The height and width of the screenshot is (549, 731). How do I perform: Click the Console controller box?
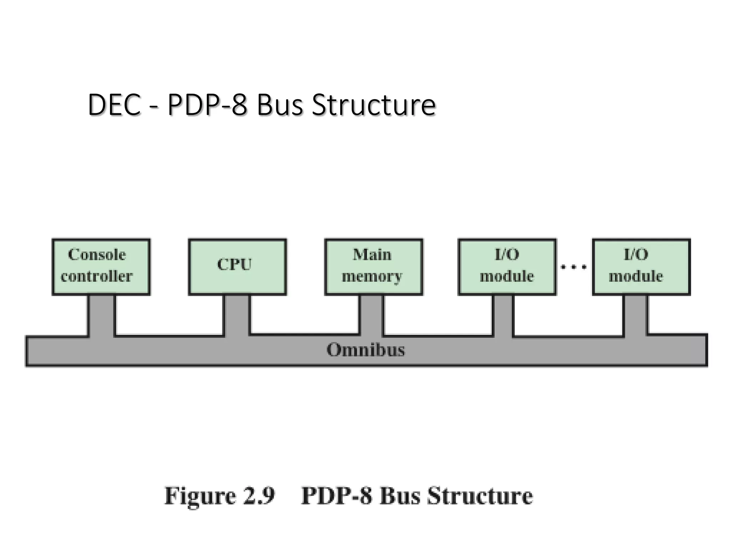click(x=101, y=266)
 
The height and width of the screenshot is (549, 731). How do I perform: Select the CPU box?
click(x=237, y=266)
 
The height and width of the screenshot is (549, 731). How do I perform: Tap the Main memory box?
click(x=374, y=266)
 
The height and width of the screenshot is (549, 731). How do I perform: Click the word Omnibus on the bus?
click(x=365, y=350)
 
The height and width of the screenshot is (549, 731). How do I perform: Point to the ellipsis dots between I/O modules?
click(x=574, y=267)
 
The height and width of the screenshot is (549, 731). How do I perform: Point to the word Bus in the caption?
click(x=399, y=496)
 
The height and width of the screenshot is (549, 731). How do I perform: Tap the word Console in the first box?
click(x=97, y=255)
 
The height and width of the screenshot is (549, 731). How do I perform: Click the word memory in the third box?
click(x=372, y=277)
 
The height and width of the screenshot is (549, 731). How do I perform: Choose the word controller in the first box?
click(x=97, y=276)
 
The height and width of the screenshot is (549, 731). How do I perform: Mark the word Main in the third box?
click(x=372, y=255)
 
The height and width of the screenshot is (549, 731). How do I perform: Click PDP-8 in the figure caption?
click(x=336, y=496)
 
